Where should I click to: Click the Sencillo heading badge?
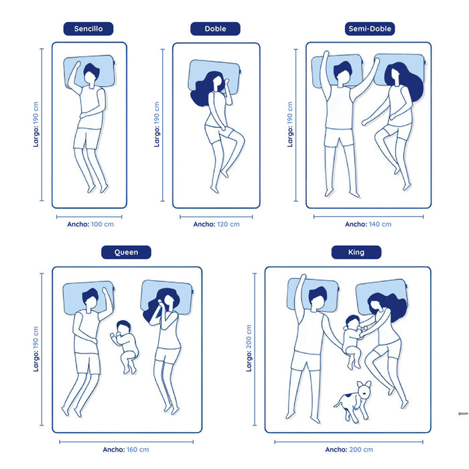pyautogui.click(x=88, y=29)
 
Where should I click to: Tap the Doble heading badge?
pyautogui.click(x=215, y=29)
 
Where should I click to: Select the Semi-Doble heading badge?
pyautogui.click(x=370, y=29)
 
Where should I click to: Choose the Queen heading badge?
pyautogui.click(x=126, y=252)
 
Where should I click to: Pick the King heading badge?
pyautogui.click(x=356, y=252)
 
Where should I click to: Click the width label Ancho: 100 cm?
pyautogui.click(x=90, y=224)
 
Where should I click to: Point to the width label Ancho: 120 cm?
pyautogui.click(x=216, y=224)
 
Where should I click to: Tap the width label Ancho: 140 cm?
pyautogui.click(x=368, y=224)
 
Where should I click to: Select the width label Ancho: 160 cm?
pyautogui.click(x=126, y=450)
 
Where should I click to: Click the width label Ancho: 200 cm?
pyautogui.click(x=349, y=450)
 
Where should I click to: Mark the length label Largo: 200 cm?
pyautogui.click(x=249, y=348)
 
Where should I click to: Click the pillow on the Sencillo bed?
pyautogui.click(x=90, y=72)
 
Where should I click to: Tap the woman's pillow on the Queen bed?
pyautogui.click(x=167, y=297)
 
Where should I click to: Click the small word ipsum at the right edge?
pyautogui.click(x=463, y=413)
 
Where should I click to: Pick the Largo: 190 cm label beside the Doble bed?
pyautogui.click(x=157, y=125)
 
